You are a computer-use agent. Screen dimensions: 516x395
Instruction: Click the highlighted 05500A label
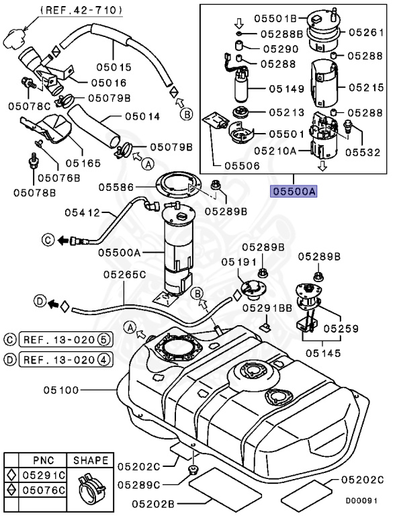(x=294, y=191)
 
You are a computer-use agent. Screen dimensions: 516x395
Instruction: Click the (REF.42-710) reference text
(x=81, y=9)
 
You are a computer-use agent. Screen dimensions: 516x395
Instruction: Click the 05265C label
(x=124, y=274)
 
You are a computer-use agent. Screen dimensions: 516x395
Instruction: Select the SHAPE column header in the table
(x=90, y=460)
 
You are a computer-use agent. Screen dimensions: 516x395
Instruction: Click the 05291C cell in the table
(x=42, y=476)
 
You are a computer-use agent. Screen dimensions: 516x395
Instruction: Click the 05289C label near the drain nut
(x=144, y=484)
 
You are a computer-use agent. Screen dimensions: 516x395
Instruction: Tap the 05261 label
(x=367, y=32)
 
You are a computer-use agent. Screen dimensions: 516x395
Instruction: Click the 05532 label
(x=367, y=153)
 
